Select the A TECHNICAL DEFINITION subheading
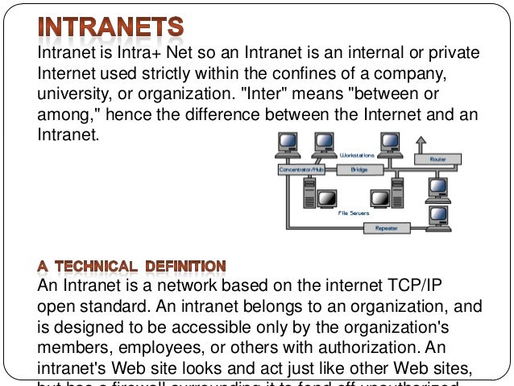tap(132, 265)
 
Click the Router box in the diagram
tap(438, 160)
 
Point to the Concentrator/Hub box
tap(301, 170)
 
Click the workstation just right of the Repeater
tap(437, 217)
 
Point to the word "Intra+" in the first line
tap(141, 53)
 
